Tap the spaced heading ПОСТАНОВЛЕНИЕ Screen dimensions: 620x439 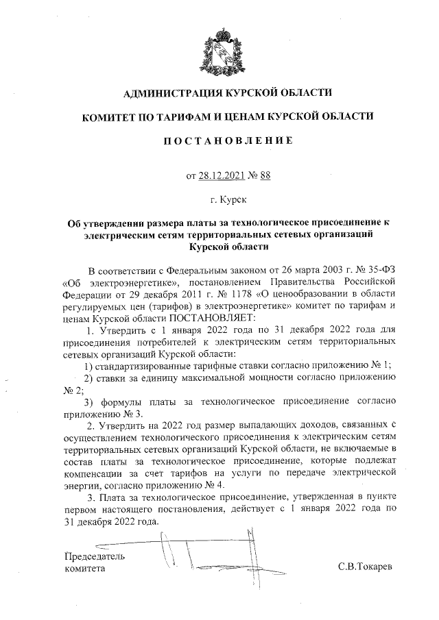pyautogui.click(x=219, y=141)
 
